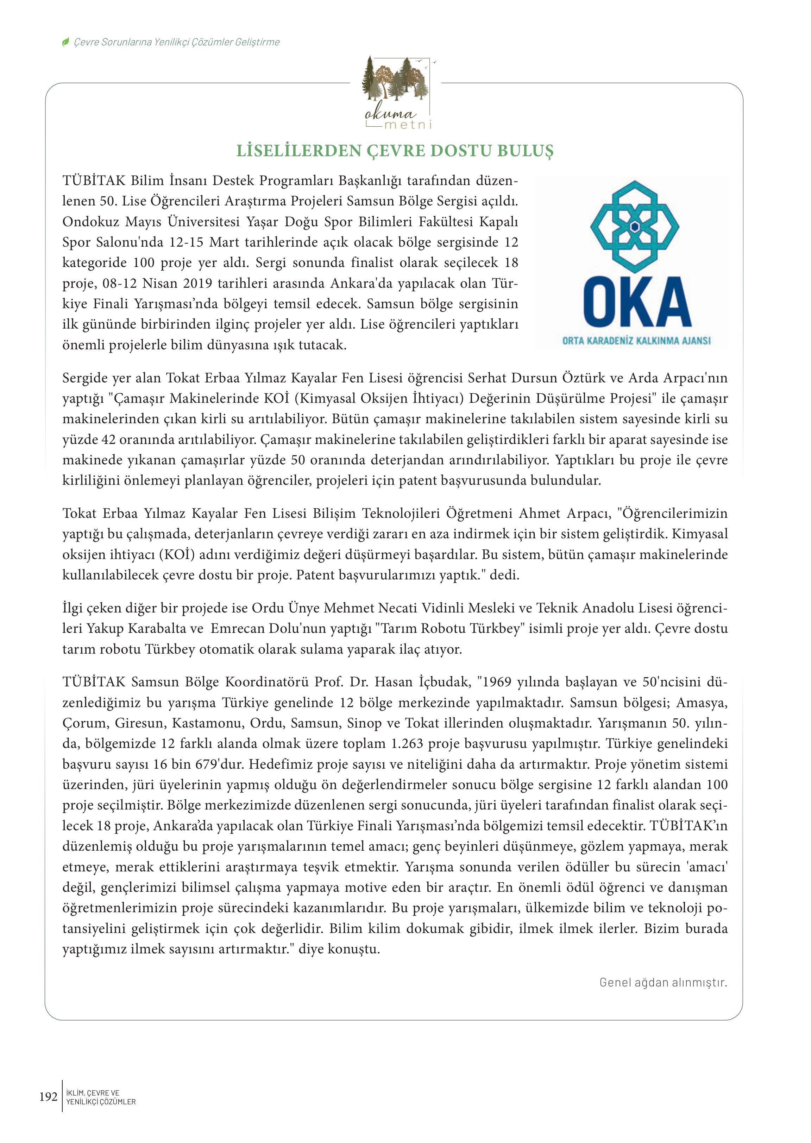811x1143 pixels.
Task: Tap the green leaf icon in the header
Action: tap(65, 43)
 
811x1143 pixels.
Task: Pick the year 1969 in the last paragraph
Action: tap(501, 682)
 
